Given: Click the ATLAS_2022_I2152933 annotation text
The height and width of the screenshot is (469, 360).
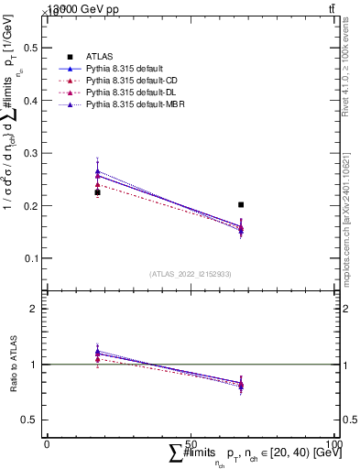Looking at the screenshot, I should point(190,274).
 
